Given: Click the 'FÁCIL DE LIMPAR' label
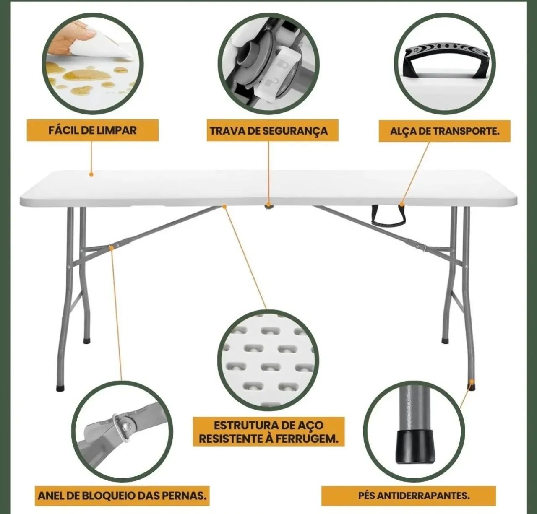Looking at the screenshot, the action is point(92,130).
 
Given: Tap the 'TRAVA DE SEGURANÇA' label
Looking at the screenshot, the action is point(269,131).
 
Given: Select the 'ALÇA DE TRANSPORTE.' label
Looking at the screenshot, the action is point(445,131).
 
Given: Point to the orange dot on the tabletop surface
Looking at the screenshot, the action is point(91,174).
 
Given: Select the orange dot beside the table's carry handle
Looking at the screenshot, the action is point(401,204).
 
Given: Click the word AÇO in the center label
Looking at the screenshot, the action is point(308,425).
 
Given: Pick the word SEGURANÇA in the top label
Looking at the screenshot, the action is point(295,131).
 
